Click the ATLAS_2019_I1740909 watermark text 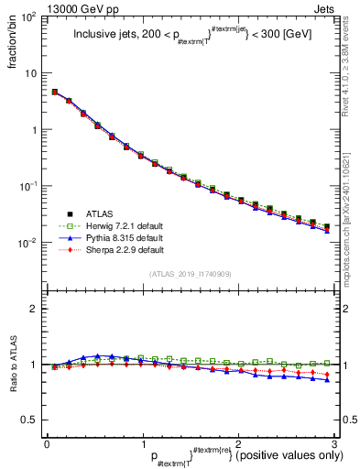(191, 274)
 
